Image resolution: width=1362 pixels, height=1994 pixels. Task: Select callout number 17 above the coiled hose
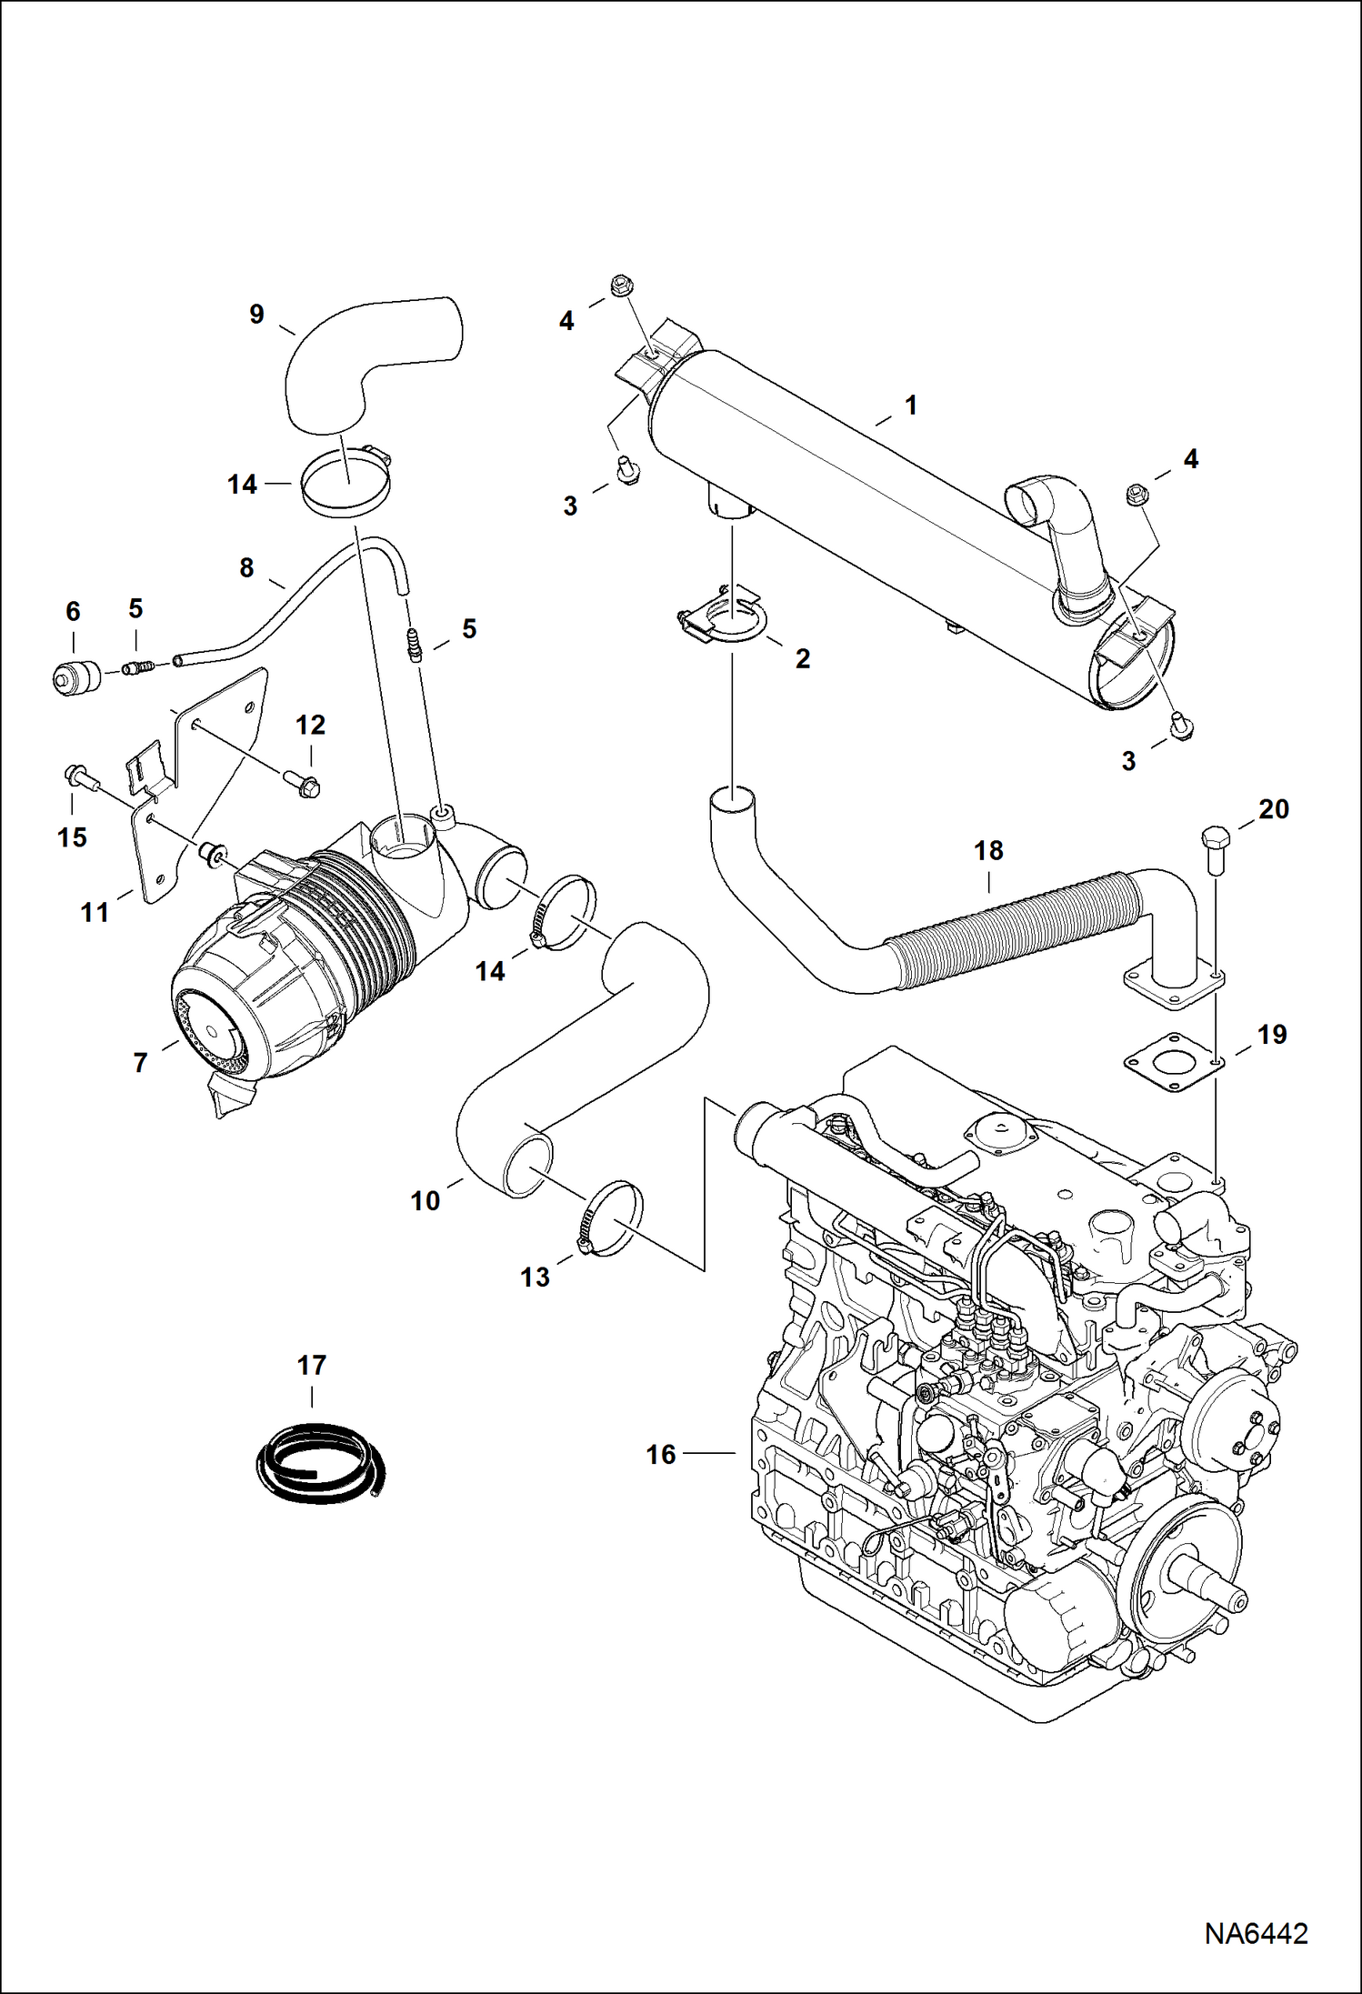click(311, 1365)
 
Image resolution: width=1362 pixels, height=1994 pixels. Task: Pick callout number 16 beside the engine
click(660, 1455)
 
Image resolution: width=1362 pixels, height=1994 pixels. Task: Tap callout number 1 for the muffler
click(911, 406)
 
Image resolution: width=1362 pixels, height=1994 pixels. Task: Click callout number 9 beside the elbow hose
click(256, 315)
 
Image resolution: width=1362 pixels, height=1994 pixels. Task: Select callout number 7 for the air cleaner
click(140, 1062)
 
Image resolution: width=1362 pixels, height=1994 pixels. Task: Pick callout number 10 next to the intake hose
click(425, 1201)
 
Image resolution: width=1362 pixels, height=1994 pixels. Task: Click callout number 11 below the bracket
click(95, 912)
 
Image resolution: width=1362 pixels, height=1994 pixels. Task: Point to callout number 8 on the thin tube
click(246, 568)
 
